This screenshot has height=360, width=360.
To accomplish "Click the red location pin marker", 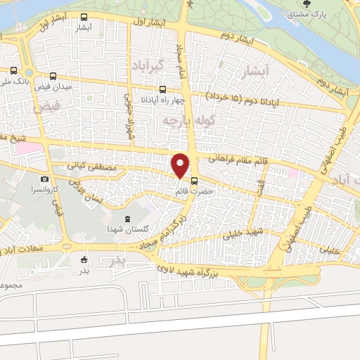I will click(x=181, y=165).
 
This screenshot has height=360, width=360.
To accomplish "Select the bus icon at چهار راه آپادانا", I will click(x=163, y=89).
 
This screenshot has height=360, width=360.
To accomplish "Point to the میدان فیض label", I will click(x=53, y=87).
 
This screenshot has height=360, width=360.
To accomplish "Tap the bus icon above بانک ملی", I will click(x=15, y=71).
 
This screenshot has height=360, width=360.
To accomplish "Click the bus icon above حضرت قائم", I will click(x=194, y=179).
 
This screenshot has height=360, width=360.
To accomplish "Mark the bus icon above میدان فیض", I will click(x=53, y=77).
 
